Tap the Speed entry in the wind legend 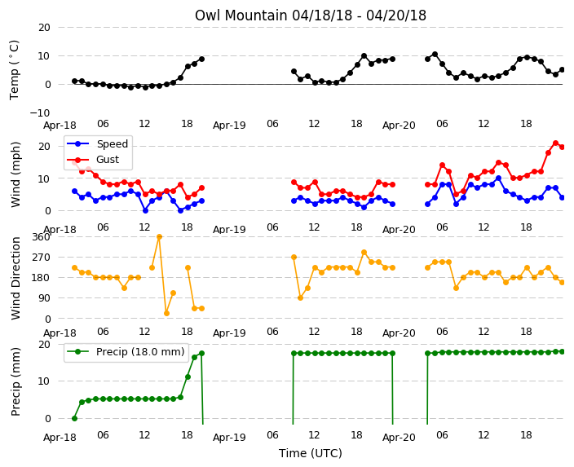pyautogui.click(x=112, y=143)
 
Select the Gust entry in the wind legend pyautogui.click(x=108, y=160)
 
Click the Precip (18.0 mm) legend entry pyautogui.click(x=140, y=352)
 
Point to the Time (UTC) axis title pyautogui.click(x=311, y=453)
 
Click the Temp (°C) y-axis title pyautogui.click(x=15, y=70)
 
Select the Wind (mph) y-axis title pyautogui.click(x=15, y=174)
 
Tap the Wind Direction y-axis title pyautogui.click(x=15, y=278)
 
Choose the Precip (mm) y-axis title pyautogui.click(x=15, y=381)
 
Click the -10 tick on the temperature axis pyautogui.click(x=39, y=112)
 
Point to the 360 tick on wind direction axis pyautogui.click(x=41, y=237)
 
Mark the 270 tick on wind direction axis pyautogui.click(x=41, y=258)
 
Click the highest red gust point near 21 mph pyautogui.click(x=556, y=143)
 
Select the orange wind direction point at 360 pyautogui.click(x=159, y=237)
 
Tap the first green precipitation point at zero pyautogui.click(x=75, y=418)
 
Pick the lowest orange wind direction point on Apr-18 pyautogui.click(x=166, y=313)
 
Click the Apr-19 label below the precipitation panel pyautogui.click(x=229, y=438)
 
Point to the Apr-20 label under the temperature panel pyautogui.click(x=399, y=126)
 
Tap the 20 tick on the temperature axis pyautogui.click(x=44, y=28)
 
